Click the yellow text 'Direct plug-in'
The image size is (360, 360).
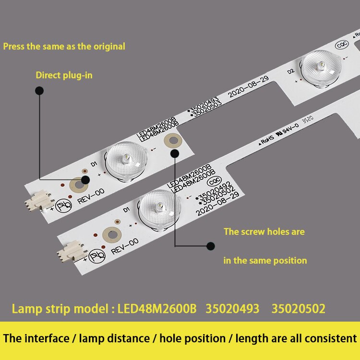point(64,75)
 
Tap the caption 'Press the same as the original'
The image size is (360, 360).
point(64,47)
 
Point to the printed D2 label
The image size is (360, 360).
point(290,71)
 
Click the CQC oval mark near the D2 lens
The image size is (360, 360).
point(342,44)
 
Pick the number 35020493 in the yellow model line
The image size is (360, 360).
point(232,309)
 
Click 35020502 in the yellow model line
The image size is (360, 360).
point(298,309)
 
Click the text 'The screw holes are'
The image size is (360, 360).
point(264,231)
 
